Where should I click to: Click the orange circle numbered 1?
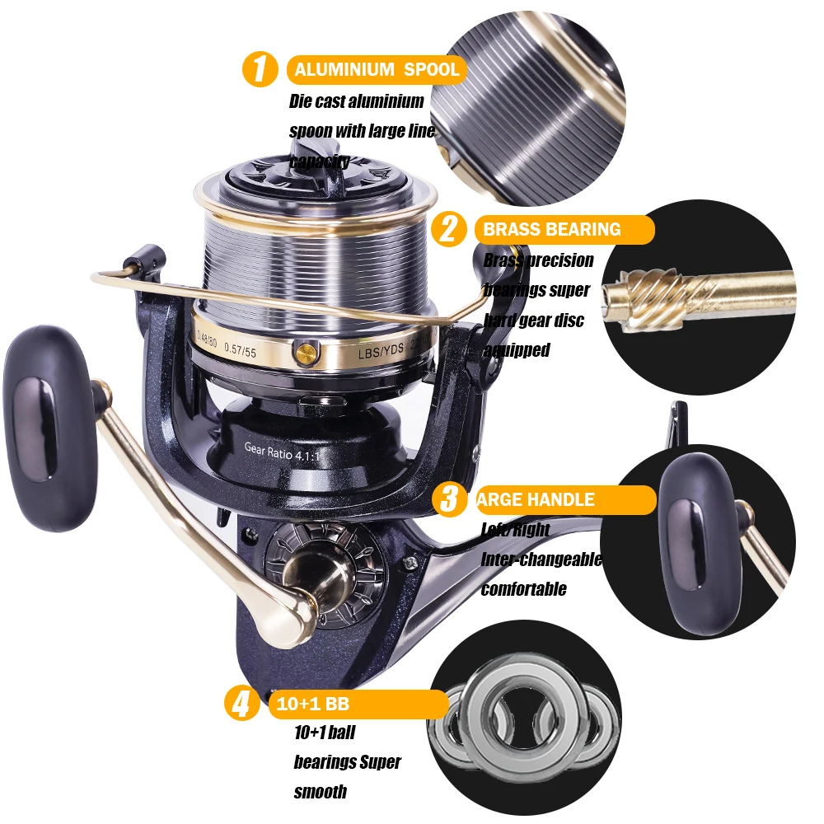260,69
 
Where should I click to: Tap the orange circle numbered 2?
449,228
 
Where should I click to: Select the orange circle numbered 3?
449,499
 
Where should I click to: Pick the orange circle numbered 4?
241,705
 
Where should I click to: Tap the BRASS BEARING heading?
552,229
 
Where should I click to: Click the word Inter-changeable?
541,559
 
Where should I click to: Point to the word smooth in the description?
320,792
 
